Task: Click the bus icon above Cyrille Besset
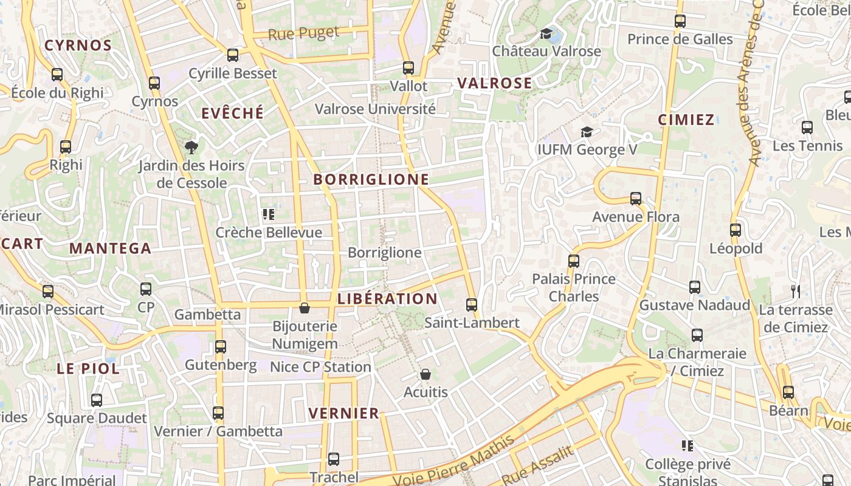coord(233,55)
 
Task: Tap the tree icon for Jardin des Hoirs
coord(191,147)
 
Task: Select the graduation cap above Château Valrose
coord(546,33)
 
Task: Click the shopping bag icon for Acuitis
coord(425,374)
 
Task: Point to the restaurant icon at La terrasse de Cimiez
coord(795,292)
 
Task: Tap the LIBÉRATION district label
coord(387,299)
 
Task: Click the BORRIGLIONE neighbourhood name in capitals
coord(371,180)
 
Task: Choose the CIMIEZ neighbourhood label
coord(686,120)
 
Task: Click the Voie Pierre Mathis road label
coord(453,462)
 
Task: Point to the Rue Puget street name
coord(303,34)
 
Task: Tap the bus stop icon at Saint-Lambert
coord(472,305)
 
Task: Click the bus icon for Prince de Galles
coord(680,21)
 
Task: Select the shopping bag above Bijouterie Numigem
coord(305,309)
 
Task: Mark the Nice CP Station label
coord(320,367)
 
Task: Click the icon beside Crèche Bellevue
coord(269,214)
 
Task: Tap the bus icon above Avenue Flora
coord(636,199)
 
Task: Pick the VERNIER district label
coord(343,414)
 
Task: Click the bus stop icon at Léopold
coord(736,230)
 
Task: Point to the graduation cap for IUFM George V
coord(587,132)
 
